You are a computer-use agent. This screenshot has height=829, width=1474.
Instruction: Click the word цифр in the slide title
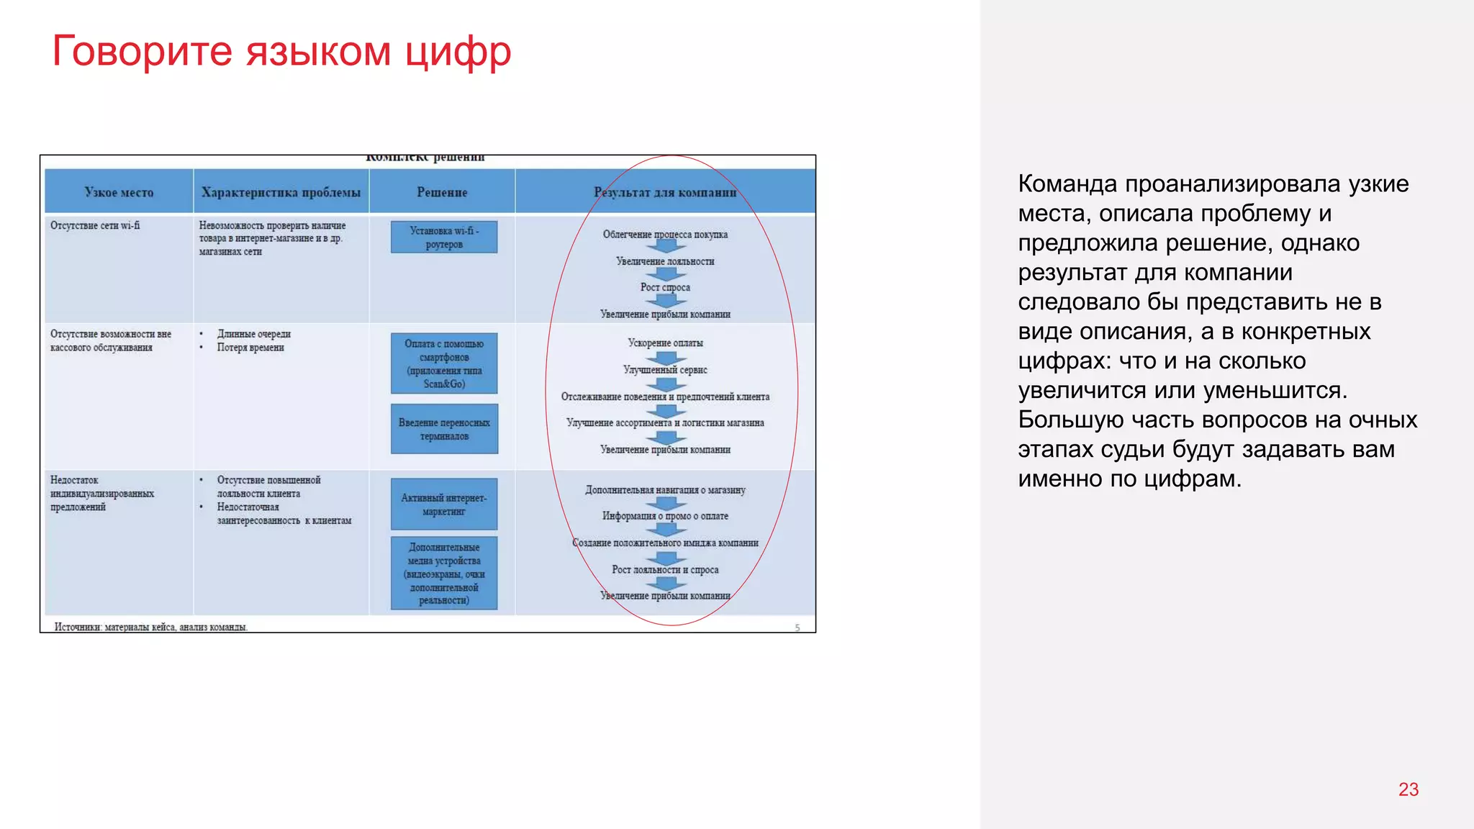(457, 52)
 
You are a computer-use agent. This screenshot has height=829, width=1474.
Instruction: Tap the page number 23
(1408, 789)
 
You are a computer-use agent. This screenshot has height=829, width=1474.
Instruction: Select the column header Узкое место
(119, 192)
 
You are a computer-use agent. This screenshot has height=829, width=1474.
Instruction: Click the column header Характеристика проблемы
(281, 192)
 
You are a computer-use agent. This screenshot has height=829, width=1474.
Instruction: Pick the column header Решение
(442, 192)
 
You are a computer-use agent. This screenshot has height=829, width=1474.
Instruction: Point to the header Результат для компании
(665, 192)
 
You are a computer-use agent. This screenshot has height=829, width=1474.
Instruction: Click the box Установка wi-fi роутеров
(444, 237)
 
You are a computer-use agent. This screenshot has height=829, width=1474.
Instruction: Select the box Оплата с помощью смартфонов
(444, 363)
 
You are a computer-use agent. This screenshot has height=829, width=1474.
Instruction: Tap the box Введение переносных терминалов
(444, 430)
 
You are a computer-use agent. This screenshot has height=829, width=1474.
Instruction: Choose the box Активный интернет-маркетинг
(444, 504)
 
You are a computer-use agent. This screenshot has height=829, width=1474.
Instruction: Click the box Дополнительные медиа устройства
(444, 574)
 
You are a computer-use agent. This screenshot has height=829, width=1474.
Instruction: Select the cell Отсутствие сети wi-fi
(95, 225)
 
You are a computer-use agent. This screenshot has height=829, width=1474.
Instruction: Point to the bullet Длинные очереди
(253, 334)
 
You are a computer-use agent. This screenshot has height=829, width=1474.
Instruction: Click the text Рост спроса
(665, 287)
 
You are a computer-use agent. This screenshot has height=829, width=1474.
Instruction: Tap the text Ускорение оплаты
(665, 343)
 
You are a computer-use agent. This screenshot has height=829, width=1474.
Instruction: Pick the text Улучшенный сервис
(665, 370)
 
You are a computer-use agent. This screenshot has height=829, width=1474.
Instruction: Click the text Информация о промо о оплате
(665, 516)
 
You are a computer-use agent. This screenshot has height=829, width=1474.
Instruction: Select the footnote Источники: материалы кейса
(151, 627)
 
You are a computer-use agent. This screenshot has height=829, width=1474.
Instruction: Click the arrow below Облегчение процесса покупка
(665, 247)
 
